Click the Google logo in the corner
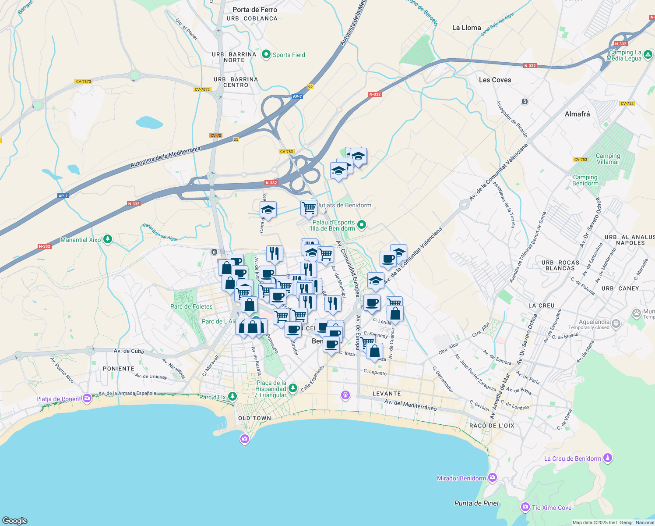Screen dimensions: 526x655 pos(14,520)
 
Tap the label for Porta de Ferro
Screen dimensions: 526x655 pos(254,10)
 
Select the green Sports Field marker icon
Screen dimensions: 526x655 pos(266,55)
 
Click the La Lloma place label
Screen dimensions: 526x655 pos(466,28)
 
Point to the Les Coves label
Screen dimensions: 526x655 pos(495,80)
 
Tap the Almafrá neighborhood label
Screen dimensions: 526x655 pos(577,114)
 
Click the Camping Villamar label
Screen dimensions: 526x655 pos(608,159)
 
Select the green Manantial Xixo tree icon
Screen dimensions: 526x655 pos(108,239)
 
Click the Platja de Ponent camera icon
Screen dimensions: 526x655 pos(87,398)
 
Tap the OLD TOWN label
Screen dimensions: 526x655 pos(254,418)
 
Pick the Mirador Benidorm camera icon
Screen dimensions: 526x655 pos(493,477)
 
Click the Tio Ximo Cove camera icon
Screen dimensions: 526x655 pos(525,507)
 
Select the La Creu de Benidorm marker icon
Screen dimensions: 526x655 pos(607,458)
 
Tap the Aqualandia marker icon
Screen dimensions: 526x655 pos(616,324)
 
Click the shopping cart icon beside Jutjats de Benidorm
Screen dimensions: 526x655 pos(309,208)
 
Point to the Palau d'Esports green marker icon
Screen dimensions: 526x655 pos(362,225)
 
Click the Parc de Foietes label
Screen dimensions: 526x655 pos(191,306)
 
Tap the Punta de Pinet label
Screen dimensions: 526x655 pos(476,503)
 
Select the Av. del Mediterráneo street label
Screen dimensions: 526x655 pos(410,404)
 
